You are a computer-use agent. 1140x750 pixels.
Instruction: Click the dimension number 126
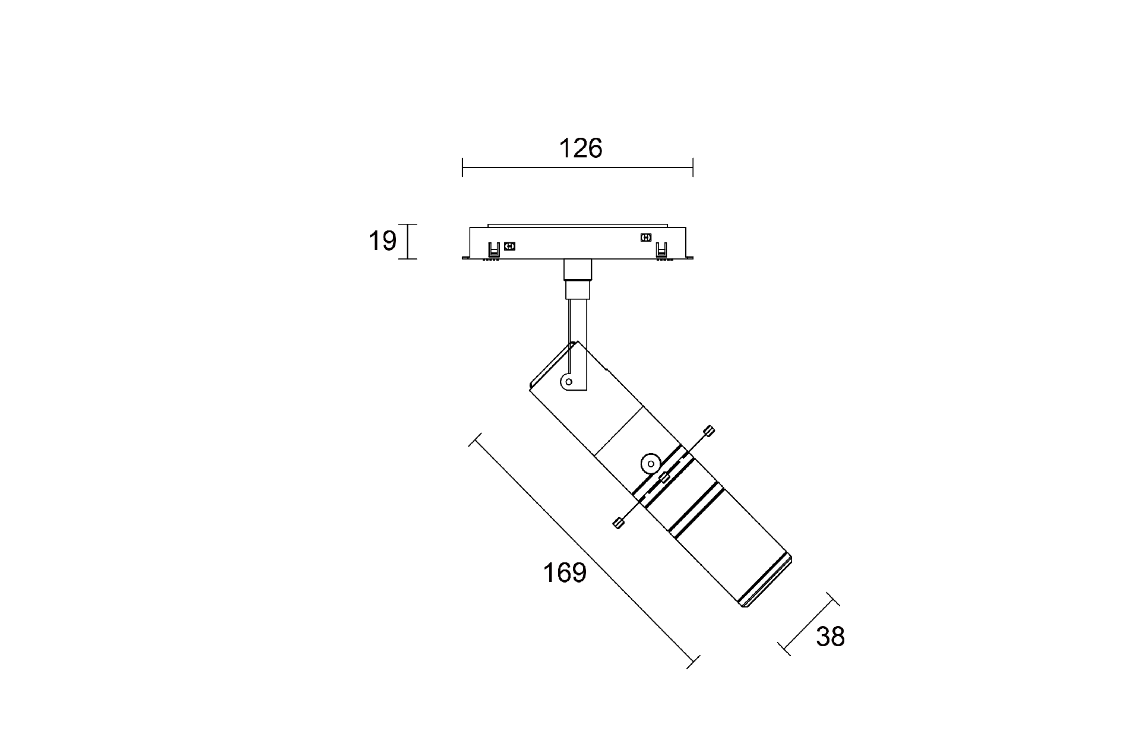coord(580,148)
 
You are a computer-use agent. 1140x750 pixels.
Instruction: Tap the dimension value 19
coord(382,241)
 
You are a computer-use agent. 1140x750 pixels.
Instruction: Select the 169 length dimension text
coord(564,573)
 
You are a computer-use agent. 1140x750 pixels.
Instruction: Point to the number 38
coord(829,637)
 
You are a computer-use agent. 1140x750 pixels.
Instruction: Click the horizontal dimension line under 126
coord(578,168)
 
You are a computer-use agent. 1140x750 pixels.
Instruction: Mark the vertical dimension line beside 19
coord(408,242)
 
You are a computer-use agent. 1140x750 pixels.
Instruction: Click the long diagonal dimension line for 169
coord(585,551)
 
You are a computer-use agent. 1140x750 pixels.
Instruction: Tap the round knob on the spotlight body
coord(651,463)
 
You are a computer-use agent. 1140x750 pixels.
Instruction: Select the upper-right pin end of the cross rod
coord(709,431)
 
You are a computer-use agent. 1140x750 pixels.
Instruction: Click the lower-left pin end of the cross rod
coord(618,523)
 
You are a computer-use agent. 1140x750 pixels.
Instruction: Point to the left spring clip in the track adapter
coord(493,250)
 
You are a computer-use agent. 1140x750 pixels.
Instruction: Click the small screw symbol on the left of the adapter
coord(509,246)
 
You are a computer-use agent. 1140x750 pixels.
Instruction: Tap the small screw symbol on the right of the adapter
coord(645,238)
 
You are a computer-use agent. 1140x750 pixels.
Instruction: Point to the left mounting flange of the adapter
coord(464,258)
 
